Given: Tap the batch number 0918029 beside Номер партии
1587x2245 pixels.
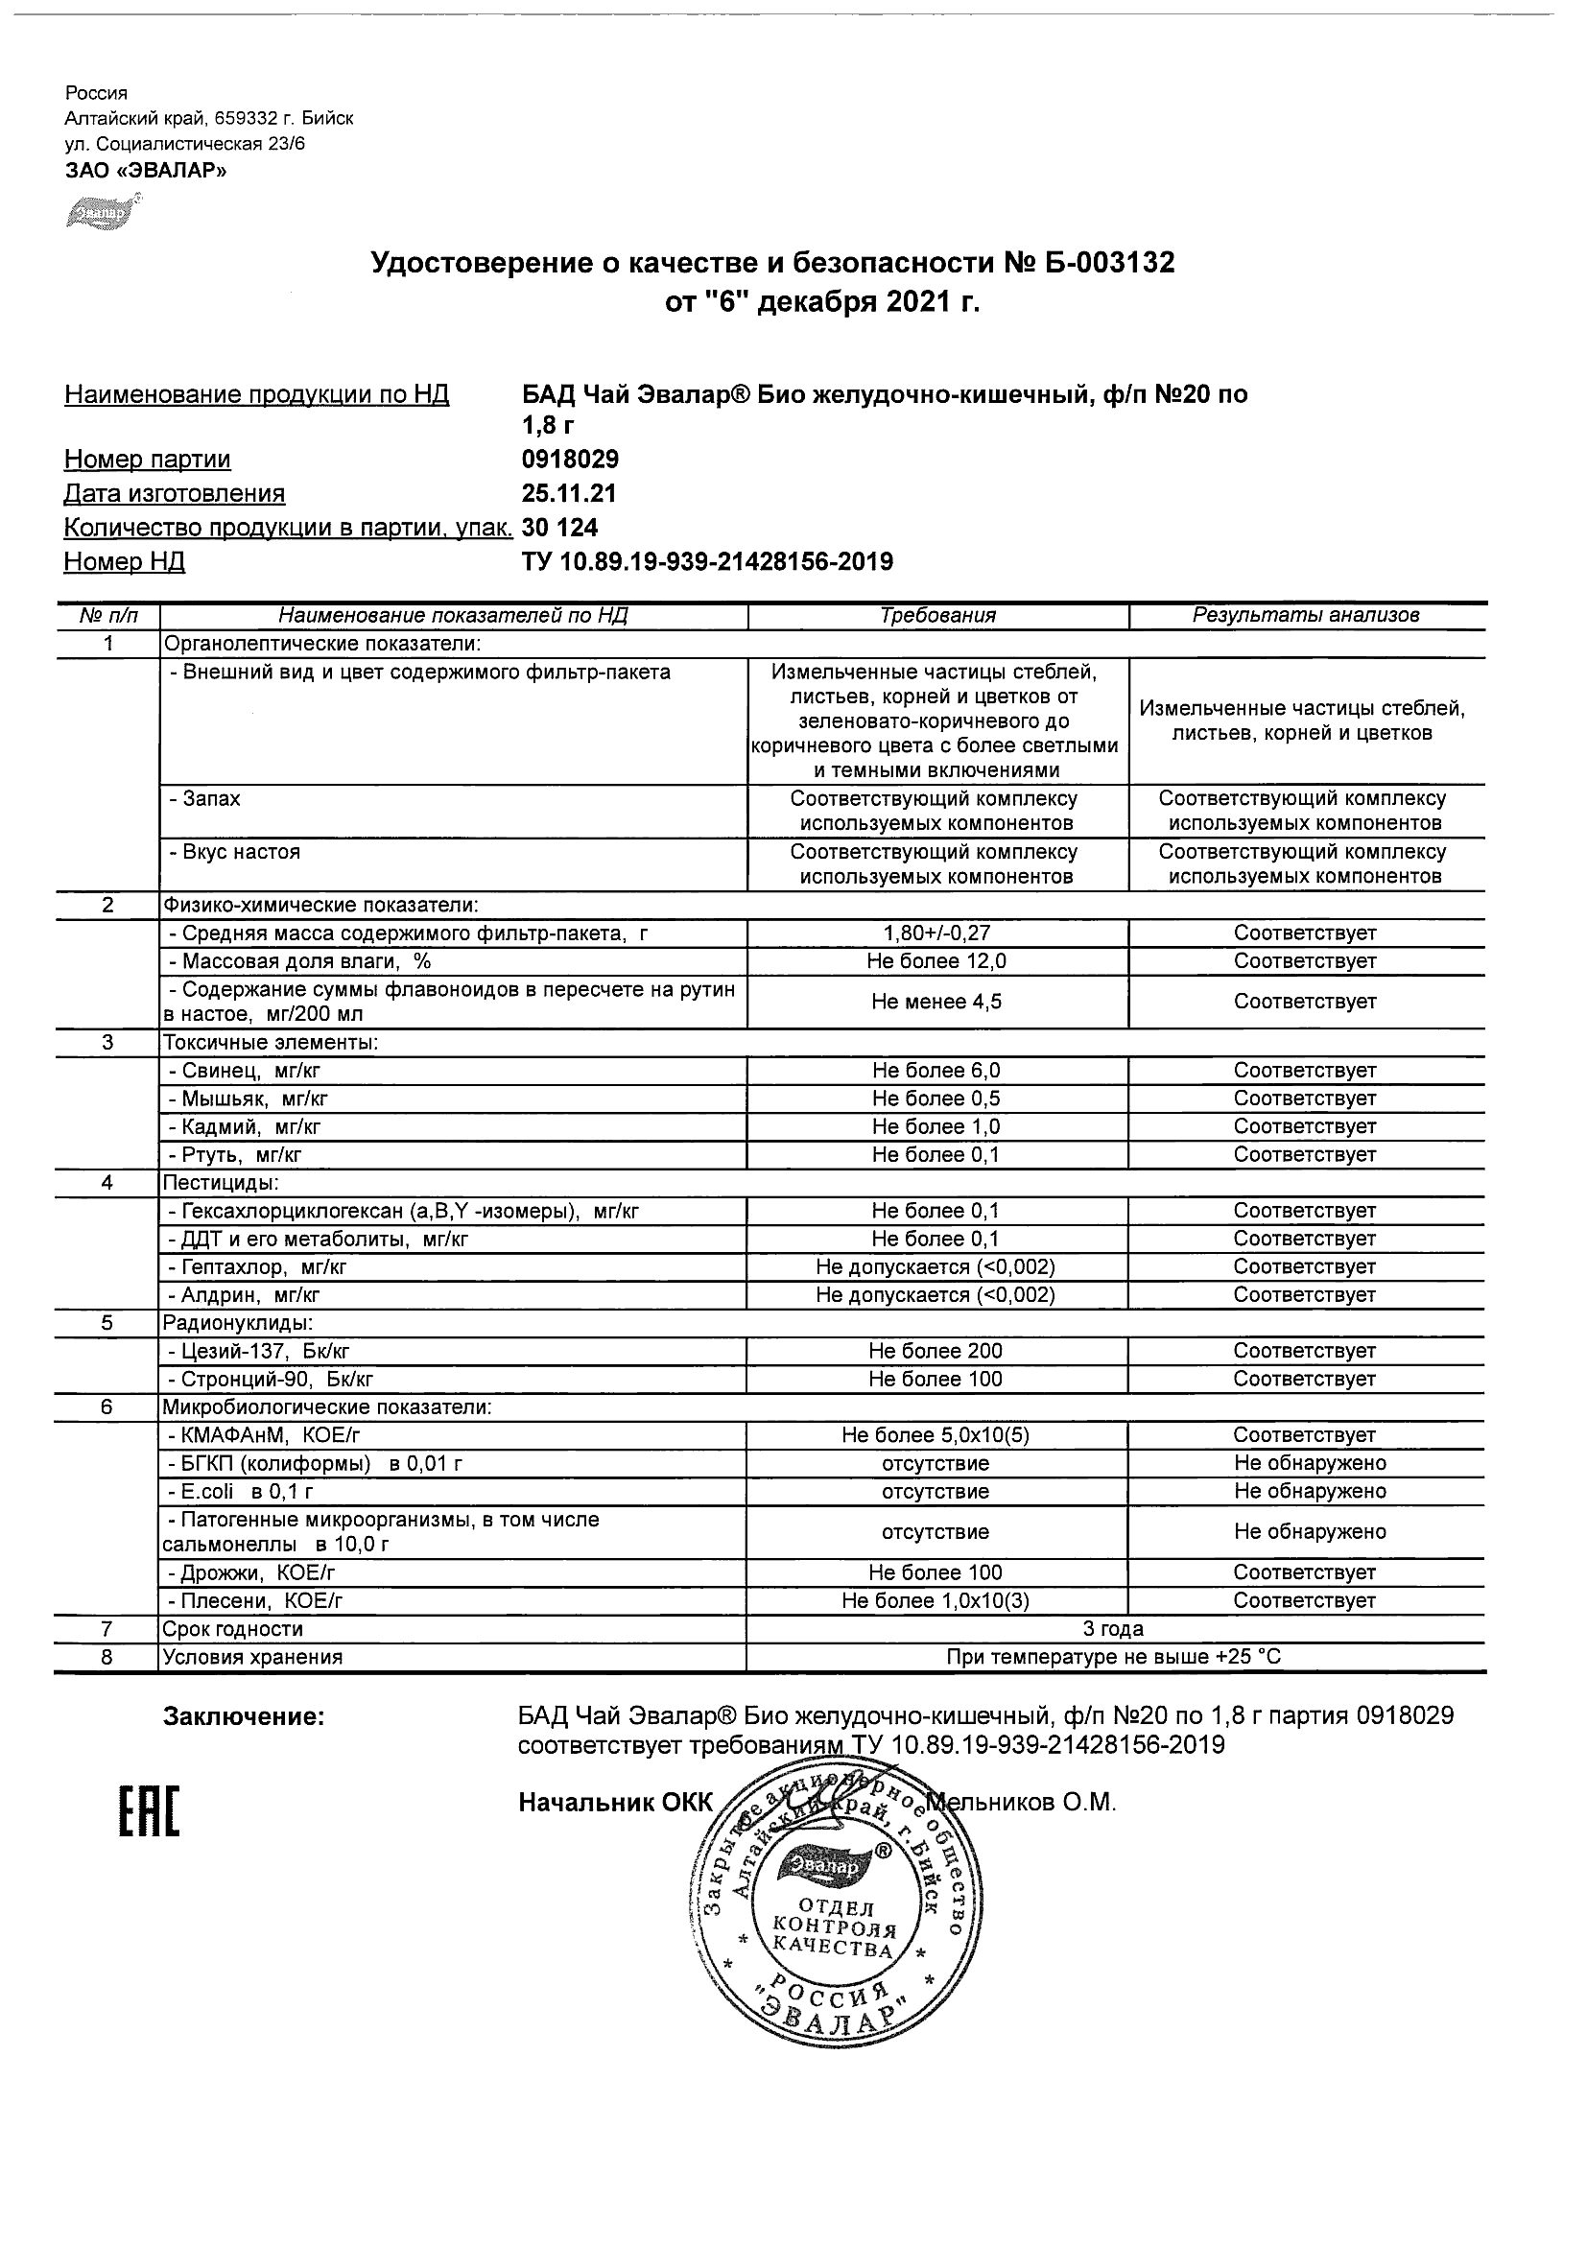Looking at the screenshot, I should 570,460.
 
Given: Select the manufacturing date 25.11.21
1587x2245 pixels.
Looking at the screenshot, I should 569,494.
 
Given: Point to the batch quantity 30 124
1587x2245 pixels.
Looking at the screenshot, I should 560,528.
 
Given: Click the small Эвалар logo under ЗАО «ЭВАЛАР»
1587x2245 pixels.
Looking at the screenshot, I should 103,212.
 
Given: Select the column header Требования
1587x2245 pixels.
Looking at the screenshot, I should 937,616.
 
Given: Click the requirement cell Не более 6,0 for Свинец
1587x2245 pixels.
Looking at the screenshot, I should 936,1071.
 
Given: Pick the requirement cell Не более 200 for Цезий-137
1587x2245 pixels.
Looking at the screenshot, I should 936,1351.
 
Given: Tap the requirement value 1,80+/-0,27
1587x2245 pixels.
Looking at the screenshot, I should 936,933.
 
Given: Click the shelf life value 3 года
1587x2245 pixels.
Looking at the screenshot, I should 1113,1629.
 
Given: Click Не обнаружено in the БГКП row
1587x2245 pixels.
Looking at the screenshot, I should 1310,1464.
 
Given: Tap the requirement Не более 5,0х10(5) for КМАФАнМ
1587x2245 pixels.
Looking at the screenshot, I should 936,1435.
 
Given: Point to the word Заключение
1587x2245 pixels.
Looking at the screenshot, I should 244,1717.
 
